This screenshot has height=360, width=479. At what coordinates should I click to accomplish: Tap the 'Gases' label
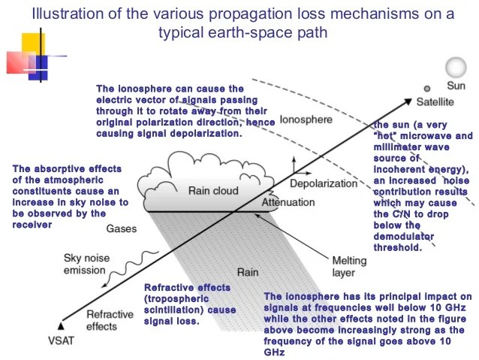click(x=121, y=228)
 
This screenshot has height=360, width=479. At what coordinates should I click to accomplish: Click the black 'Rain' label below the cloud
click(x=249, y=272)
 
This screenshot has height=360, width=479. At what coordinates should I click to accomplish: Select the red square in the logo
click(x=18, y=62)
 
